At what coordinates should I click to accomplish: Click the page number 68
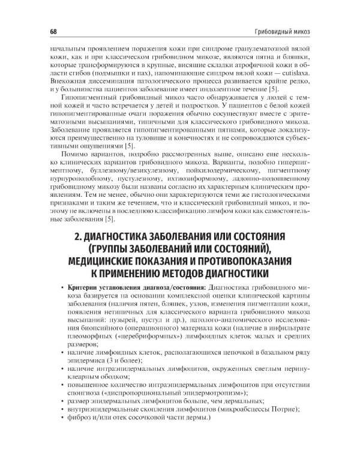click(46, 31)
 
